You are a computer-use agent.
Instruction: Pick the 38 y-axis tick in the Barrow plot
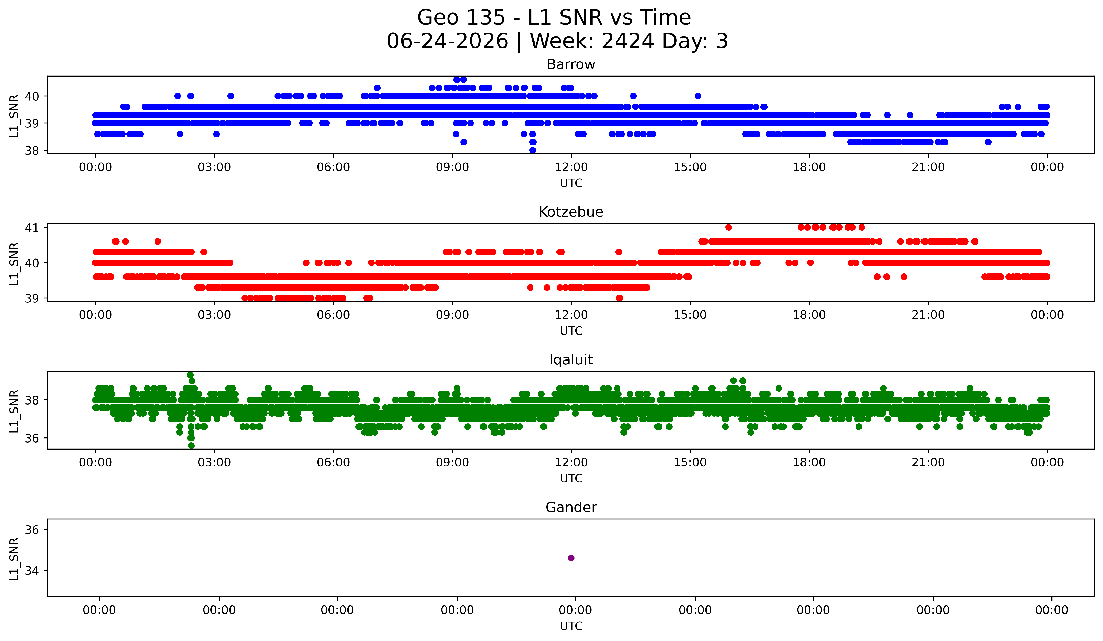pos(31,151)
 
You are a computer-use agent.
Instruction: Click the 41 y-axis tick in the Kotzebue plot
pos(31,227)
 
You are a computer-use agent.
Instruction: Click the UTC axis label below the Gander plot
pos(571,626)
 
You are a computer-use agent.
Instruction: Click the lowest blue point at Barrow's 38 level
pos(533,150)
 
